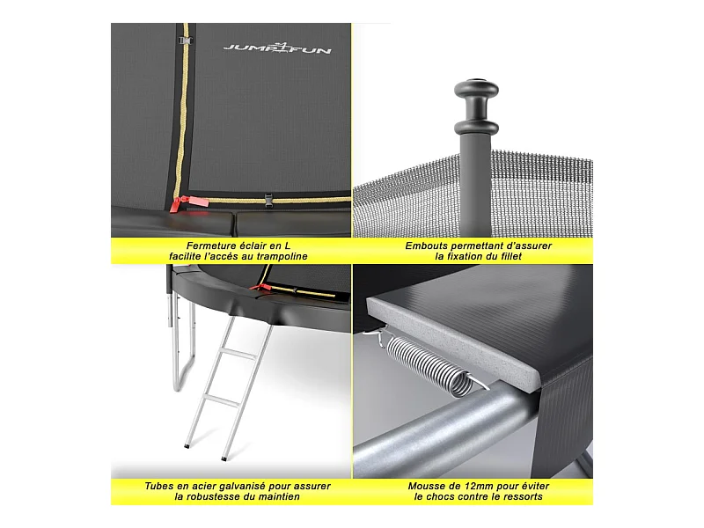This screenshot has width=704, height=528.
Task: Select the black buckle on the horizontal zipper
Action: click(x=268, y=200)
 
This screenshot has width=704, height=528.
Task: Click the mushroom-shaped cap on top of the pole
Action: click(x=476, y=106)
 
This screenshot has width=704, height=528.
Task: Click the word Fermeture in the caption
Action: click(x=211, y=246)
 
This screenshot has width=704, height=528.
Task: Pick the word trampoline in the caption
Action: click(x=282, y=257)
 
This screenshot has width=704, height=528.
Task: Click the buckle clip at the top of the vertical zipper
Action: click(x=185, y=40)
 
